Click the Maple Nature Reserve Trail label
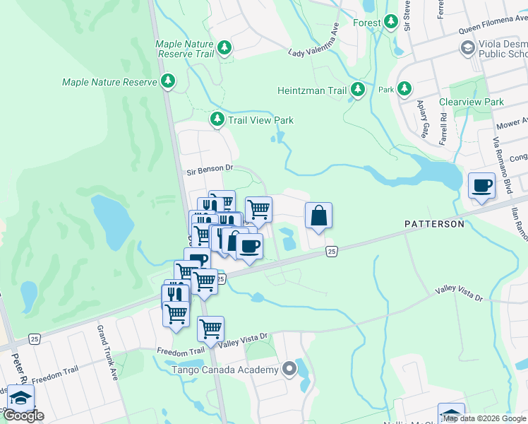click(x=184, y=49)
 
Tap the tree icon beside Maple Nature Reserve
click(x=168, y=82)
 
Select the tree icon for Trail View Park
click(x=218, y=120)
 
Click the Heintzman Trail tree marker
click(x=359, y=90)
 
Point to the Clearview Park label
click(x=472, y=102)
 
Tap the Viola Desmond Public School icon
click(x=467, y=47)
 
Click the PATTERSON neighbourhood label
click(x=434, y=224)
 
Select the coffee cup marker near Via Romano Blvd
click(x=481, y=186)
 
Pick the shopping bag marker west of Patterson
click(x=318, y=216)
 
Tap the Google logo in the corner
click(x=24, y=416)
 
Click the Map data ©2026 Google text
click(x=484, y=418)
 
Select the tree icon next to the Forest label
click(x=390, y=23)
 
